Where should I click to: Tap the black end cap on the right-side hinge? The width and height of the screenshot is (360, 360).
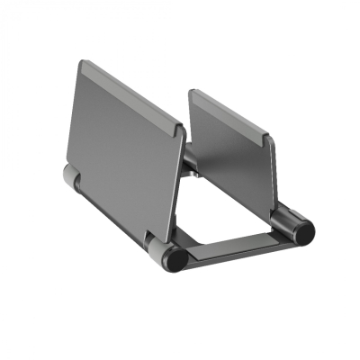coord(304,230)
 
